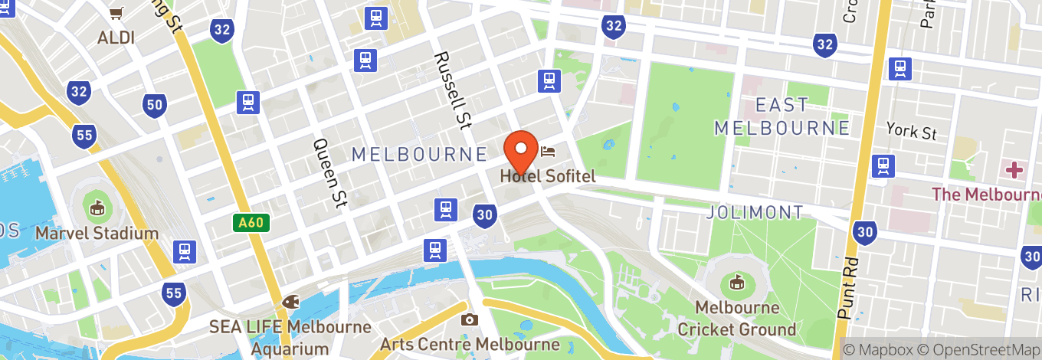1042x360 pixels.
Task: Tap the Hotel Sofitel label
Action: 548,176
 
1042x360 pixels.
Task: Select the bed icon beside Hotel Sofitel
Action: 548,150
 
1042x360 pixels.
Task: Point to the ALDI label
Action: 116,38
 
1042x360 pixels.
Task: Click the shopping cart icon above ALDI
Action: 116,13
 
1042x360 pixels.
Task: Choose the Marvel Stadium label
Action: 97,233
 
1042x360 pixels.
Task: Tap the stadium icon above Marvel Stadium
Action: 97,208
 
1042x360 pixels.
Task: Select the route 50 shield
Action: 156,105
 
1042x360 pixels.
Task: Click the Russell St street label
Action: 452,89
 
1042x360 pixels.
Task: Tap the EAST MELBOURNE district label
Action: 781,116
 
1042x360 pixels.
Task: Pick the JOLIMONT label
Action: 755,212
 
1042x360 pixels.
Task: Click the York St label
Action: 911,132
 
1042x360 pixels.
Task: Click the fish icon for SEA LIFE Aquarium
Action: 290,303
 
